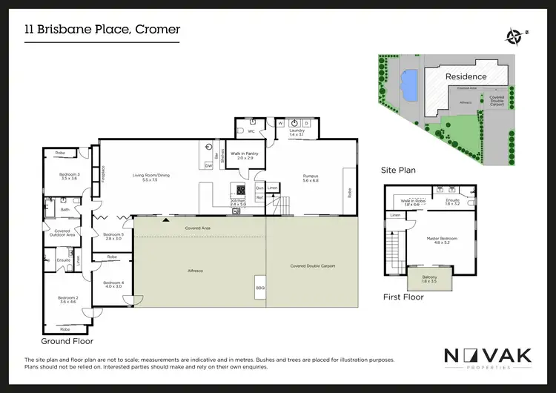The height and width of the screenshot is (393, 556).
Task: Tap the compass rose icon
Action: pyautogui.click(x=514, y=34)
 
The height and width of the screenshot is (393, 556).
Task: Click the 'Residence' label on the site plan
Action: pyautogui.click(x=466, y=76)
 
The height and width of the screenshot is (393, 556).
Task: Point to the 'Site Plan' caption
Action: pyautogui.click(x=398, y=170)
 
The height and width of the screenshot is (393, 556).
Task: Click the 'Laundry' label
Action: pyautogui.click(x=297, y=131)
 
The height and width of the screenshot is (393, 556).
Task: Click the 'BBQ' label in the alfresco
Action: pyautogui.click(x=259, y=287)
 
